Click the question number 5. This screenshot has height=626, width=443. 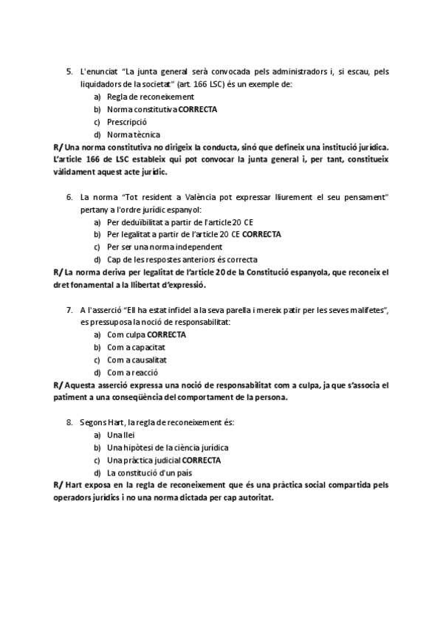point(69,72)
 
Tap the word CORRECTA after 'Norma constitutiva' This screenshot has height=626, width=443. point(198,109)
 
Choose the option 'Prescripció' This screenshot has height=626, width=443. point(127,122)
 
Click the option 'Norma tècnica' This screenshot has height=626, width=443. point(132,134)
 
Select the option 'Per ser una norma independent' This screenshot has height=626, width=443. point(165,247)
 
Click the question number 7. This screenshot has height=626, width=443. point(69,309)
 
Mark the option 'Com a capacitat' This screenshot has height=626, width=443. point(136,347)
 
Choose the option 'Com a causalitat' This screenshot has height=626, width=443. point(137,360)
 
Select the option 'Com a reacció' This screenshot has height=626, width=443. point(133,372)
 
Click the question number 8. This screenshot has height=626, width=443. point(69,422)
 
